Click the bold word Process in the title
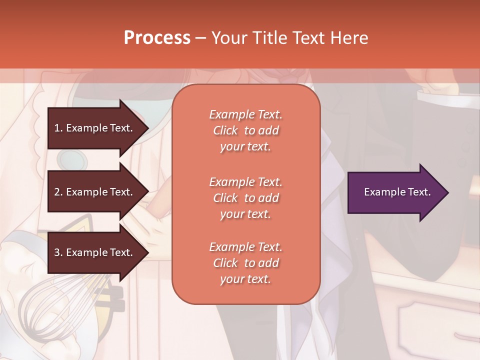pyautogui.click(x=157, y=38)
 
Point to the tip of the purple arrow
pyautogui.click(x=447, y=192)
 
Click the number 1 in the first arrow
pyautogui.click(x=57, y=128)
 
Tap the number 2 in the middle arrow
pyautogui.click(x=57, y=192)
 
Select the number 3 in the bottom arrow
pyautogui.click(x=57, y=252)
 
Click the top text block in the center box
pyautogui.click(x=245, y=130)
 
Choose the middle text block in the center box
pyautogui.click(x=245, y=198)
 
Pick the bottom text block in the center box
pyautogui.click(x=245, y=263)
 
